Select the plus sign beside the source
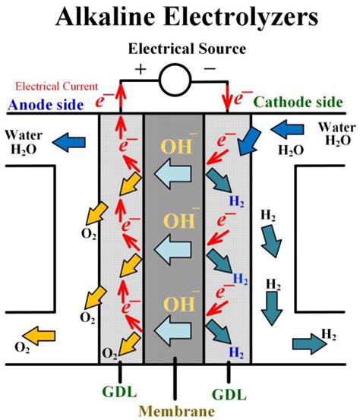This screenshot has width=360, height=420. click(x=141, y=69)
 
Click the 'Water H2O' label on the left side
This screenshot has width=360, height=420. click(x=25, y=141)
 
